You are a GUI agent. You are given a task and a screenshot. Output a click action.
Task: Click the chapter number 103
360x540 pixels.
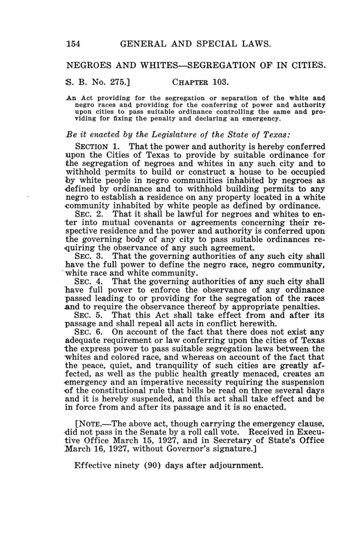223,82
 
